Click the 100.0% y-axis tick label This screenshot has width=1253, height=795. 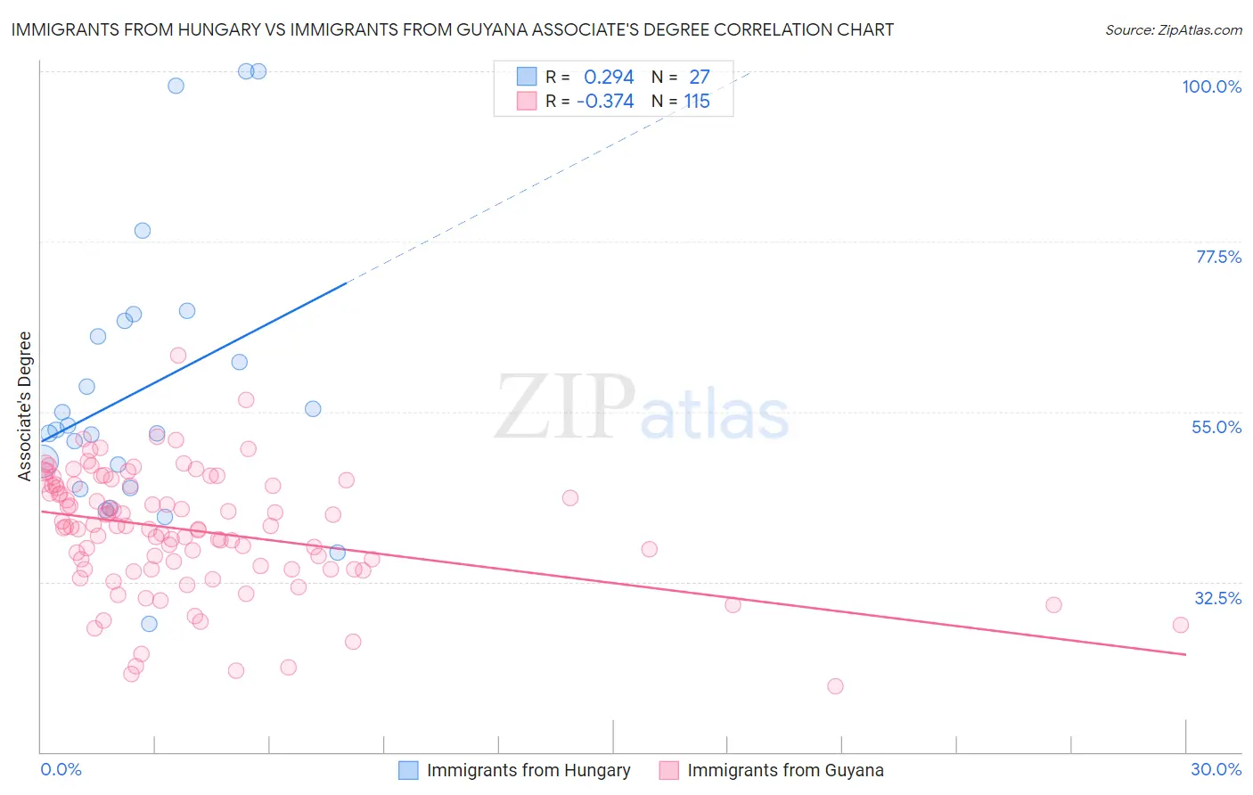[1211, 86]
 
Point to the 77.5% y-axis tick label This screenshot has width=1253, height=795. [1218, 257]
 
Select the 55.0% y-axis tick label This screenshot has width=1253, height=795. [1216, 427]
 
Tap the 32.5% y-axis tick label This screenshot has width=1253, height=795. [1217, 598]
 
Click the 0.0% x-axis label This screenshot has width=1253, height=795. [61, 769]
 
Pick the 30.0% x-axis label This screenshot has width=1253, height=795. [1216, 769]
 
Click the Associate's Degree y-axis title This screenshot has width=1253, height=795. [25, 406]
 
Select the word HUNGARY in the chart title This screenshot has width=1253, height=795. [222, 29]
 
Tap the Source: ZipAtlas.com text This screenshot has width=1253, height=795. [1173, 29]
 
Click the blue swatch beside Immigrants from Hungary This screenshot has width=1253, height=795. [408, 770]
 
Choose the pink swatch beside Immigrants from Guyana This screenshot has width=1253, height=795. [668, 770]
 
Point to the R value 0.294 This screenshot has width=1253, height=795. [609, 78]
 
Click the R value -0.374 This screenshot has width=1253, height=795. [605, 102]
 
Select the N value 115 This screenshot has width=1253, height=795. [697, 102]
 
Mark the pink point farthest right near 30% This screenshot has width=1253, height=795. [1181, 625]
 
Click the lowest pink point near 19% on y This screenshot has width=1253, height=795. [835, 686]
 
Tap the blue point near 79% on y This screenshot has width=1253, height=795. [143, 231]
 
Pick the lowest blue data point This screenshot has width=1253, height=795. [149, 624]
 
